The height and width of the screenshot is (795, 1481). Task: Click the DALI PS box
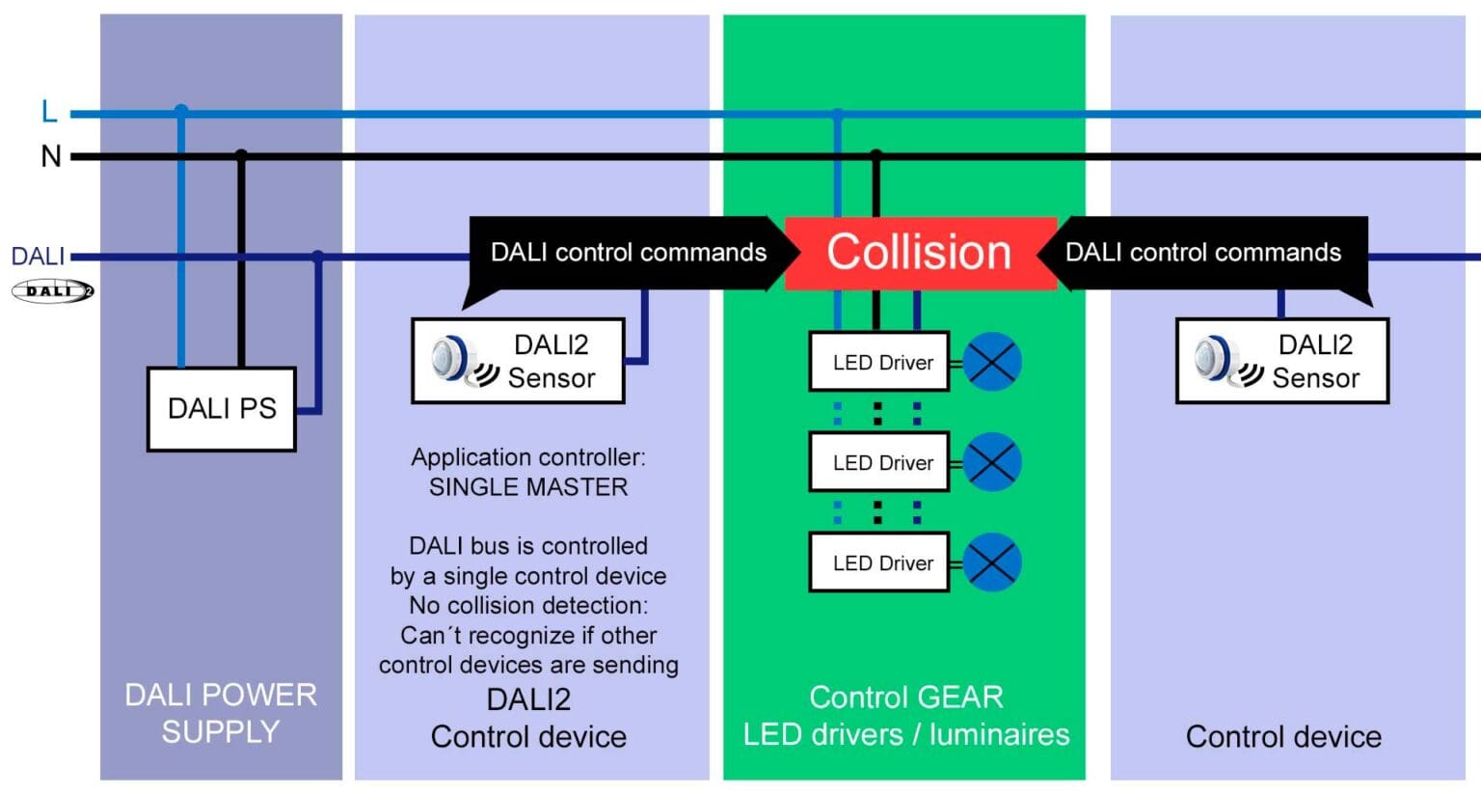point(221,409)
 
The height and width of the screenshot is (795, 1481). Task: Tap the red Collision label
point(919,253)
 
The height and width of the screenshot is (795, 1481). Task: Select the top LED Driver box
point(878,362)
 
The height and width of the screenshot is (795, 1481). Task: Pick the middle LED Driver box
point(878,463)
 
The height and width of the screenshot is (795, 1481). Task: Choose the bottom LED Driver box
point(878,563)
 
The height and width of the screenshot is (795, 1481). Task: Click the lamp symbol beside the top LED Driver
point(992,362)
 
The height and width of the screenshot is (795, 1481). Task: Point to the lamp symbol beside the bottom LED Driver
point(992,562)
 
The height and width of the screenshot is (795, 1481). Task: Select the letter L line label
point(49,112)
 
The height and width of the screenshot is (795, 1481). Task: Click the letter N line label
point(50,156)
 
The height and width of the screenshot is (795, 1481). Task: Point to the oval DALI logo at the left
point(53,290)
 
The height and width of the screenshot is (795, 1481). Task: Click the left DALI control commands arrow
point(629,253)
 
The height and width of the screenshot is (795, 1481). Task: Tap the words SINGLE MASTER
point(527,487)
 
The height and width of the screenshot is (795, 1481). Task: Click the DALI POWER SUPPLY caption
point(221,713)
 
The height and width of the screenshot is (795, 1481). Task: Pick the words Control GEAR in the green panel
point(905,697)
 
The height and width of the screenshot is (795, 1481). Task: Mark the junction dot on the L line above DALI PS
point(181,111)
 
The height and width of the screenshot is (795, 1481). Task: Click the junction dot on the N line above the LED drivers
point(875,154)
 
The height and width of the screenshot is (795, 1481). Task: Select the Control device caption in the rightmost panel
point(1282,737)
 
